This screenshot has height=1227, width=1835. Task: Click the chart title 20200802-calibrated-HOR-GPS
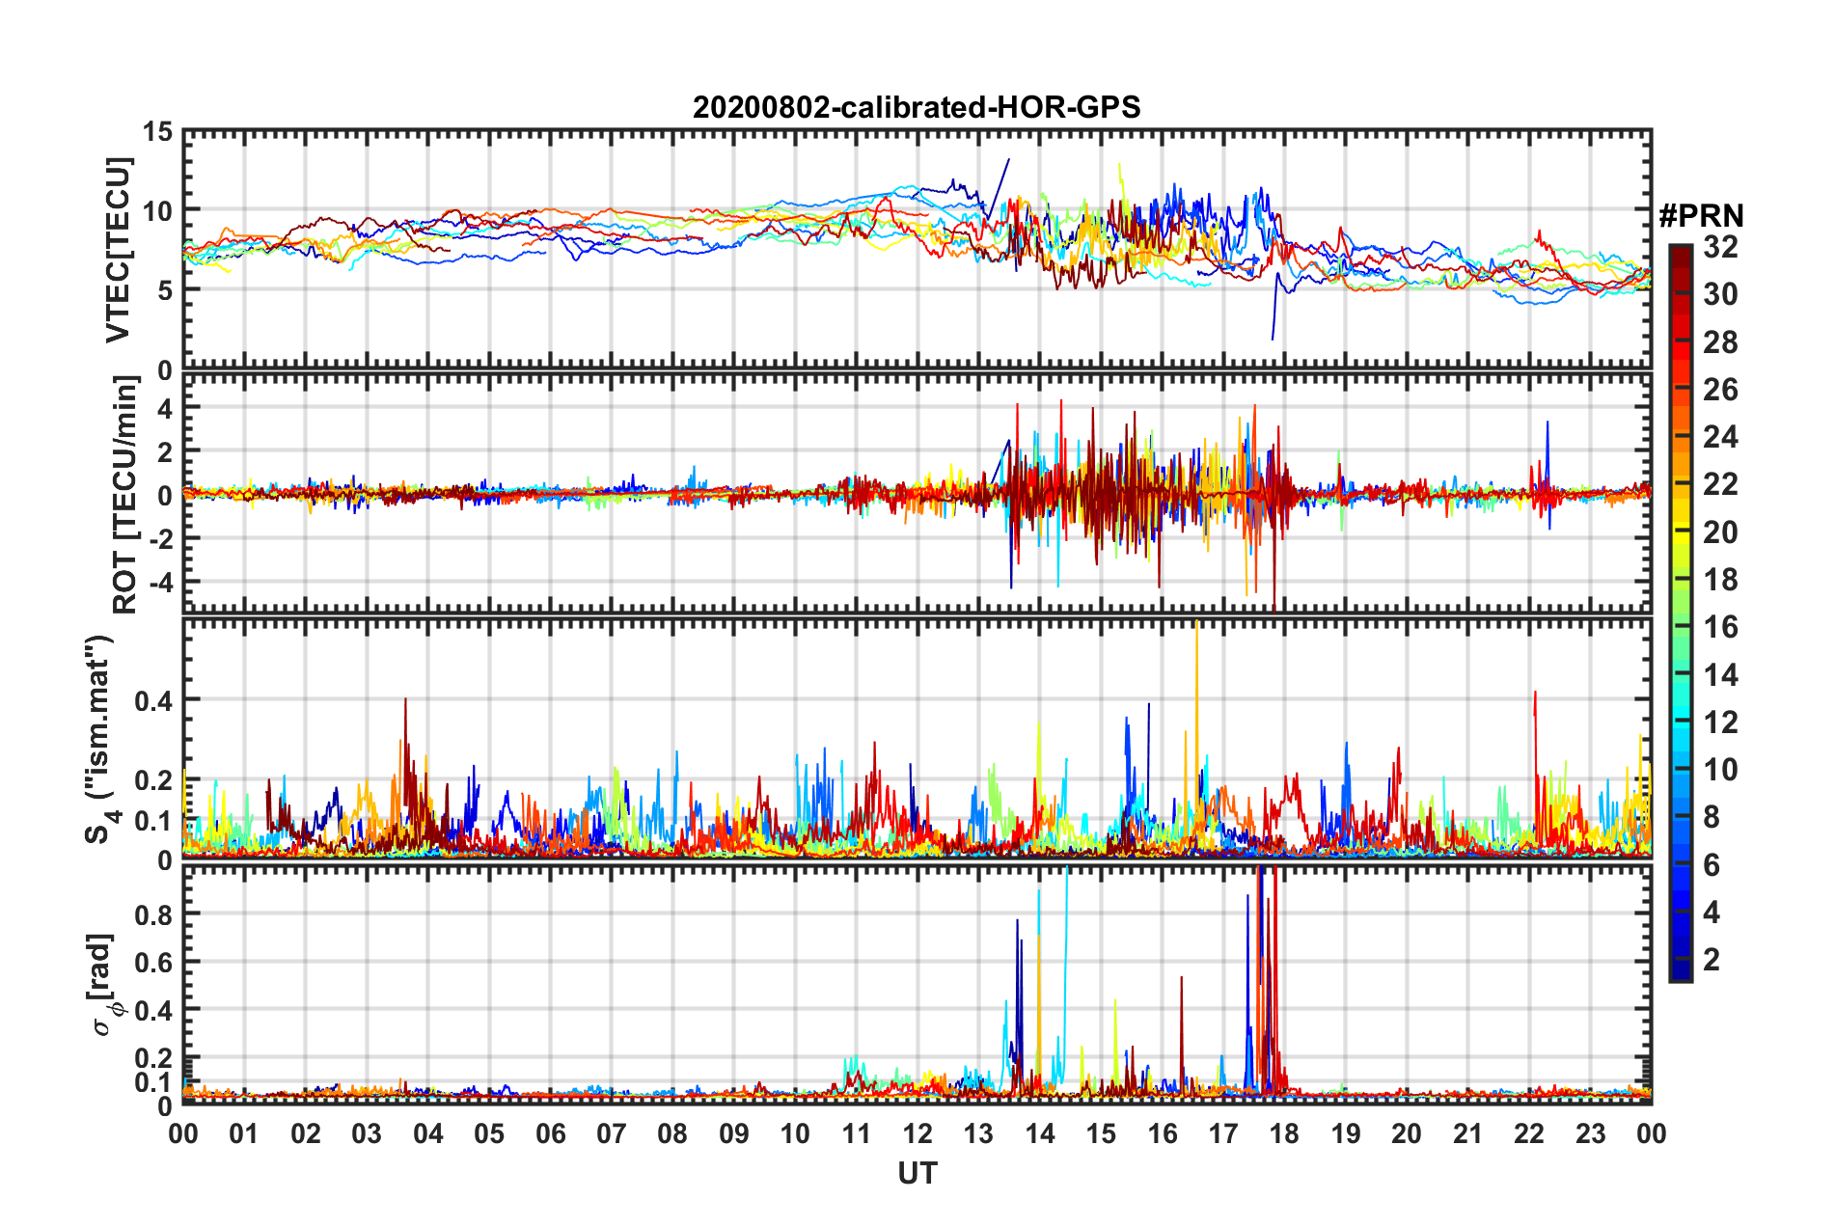pyautogui.click(x=917, y=107)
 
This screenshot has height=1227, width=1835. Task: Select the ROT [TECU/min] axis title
pyautogui.click(x=125, y=495)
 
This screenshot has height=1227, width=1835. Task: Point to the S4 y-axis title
pyautogui.click(x=100, y=739)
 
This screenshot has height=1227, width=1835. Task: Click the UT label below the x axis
pyautogui.click(x=917, y=1173)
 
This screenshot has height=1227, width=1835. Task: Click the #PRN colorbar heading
pyautogui.click(x=1701, y=216)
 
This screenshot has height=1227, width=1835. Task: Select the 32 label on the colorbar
pyautogui.click(x=1720, y=247)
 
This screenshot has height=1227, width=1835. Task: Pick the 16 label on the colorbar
pyautogui.click(x=1720, y=627)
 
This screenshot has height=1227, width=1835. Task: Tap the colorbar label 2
pyautogui.click(x=1712, y=959)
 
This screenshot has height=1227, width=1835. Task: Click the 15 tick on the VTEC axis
pyautogui.click(x=158, y=131)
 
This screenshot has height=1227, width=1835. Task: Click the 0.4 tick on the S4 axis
pyautogui.click(x=152, y=700)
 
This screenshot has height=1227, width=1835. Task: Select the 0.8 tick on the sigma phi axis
pyautogui.click(x=152, y=913)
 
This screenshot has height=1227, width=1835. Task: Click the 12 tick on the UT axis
pyautogui.click(x=917, y=1133)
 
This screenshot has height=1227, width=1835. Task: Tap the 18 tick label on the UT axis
pyautogui.click(x=1284, y=1133)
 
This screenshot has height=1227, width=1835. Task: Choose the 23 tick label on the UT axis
pyautogui.click(x=1590, y=1133)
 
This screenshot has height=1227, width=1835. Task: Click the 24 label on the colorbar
pyautogui.click(x=1720, y=437)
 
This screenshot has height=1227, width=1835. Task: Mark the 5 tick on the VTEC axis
pyautogui.click(x=165, y=290)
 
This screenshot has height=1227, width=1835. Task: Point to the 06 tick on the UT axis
pyautogui.click(x=550, y=1133)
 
